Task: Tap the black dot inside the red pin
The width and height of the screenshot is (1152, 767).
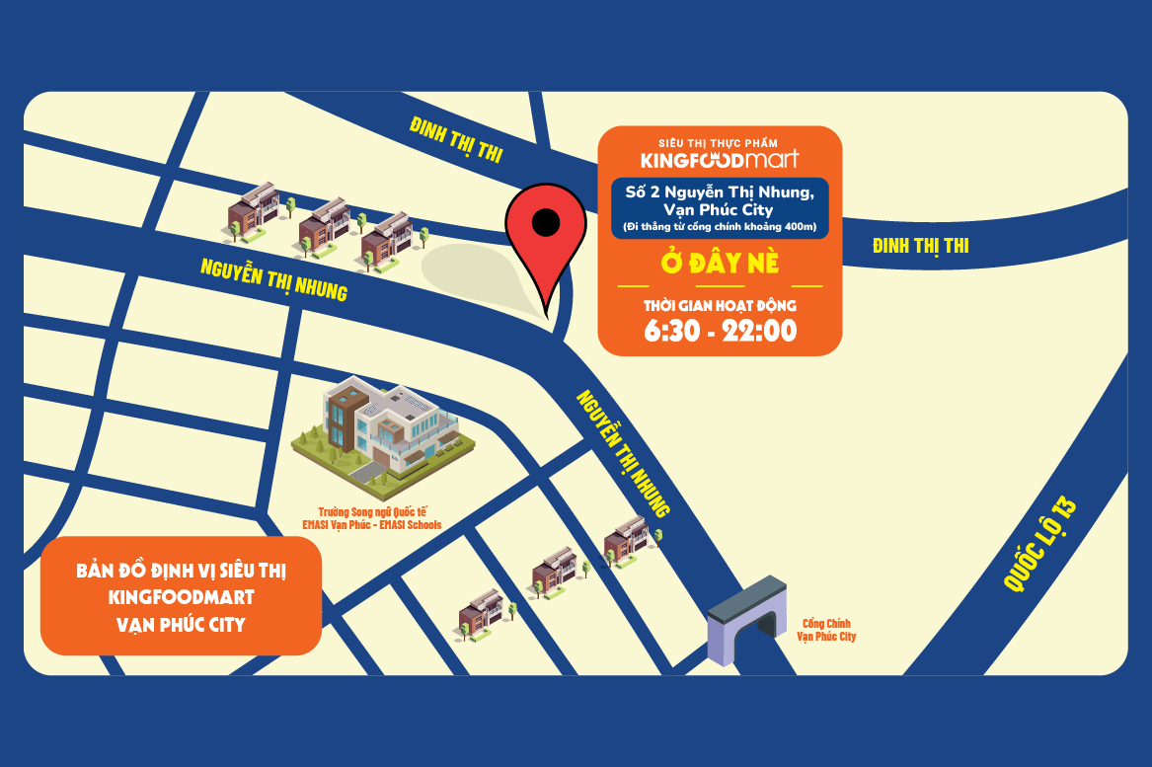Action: (545, 223)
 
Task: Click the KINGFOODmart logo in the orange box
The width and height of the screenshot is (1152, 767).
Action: (720, 159)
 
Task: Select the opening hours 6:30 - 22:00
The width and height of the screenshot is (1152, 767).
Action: (720, 331)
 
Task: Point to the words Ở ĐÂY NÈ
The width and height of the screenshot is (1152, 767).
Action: (720, 265)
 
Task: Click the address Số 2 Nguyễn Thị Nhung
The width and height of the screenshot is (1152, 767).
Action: (720, 192)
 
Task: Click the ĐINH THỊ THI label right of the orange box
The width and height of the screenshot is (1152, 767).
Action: (920, 246)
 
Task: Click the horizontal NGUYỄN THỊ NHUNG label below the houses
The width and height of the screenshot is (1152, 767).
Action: (273, 279)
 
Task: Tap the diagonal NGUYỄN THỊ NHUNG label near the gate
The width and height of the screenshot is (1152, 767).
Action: (623, 453)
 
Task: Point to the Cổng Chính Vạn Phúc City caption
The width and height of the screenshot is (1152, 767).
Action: (826, 630)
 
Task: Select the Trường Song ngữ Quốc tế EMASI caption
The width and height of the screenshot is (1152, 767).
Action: (371, 519)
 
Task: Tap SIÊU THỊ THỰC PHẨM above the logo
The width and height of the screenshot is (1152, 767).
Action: (720, 141)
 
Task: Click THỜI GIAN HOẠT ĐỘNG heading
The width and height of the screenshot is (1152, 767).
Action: (720, 306)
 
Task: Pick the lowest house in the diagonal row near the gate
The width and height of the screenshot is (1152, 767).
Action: (481, 612)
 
